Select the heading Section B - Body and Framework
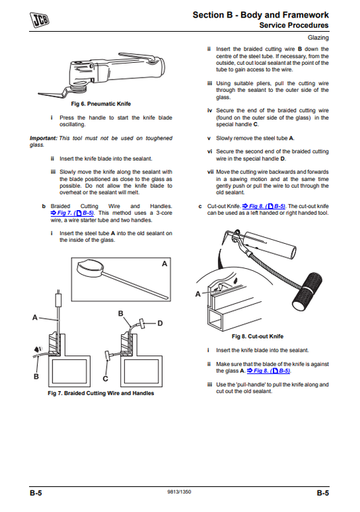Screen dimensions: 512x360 261,14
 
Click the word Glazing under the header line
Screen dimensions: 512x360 317,38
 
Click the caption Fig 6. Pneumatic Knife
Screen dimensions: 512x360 101,104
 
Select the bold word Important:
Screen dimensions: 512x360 43,138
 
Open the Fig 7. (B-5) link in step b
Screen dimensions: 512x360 72,212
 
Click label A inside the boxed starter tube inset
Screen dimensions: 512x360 164,264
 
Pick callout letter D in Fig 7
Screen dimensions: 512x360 160,324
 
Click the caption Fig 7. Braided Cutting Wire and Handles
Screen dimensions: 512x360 101,393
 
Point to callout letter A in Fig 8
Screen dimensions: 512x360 198,294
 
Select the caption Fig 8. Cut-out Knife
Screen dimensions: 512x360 257,336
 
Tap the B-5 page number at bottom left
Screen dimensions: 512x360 36,494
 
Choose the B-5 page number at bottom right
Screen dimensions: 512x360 323,494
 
